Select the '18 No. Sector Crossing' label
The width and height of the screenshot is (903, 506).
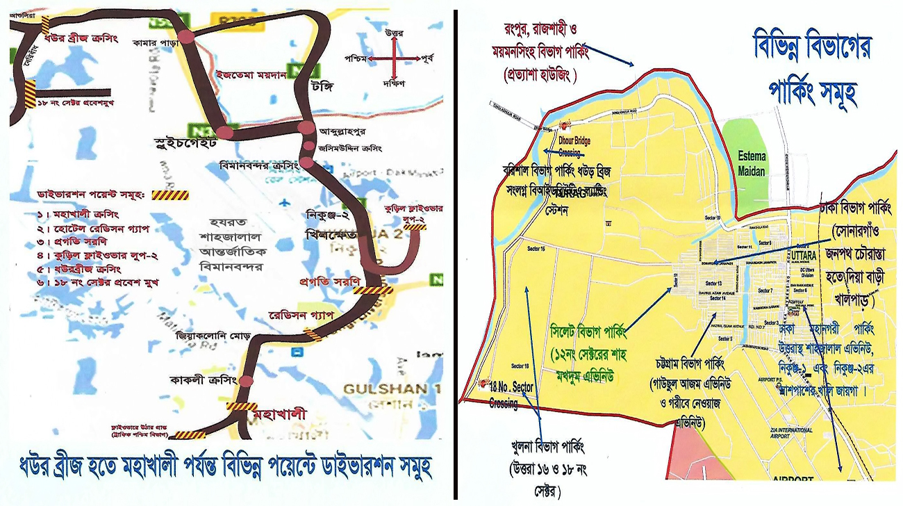click(512, 392)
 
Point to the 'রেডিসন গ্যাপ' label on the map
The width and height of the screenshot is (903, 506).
click(301, 315)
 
